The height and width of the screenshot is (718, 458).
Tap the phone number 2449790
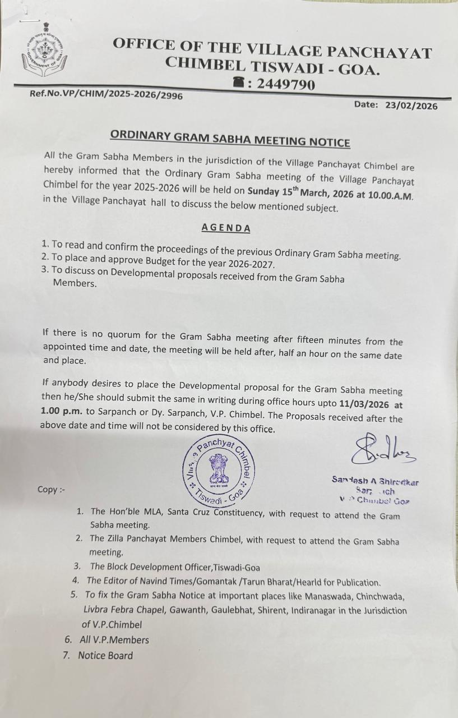(x=285, y=85)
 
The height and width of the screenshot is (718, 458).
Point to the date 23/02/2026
(x=411, y=105)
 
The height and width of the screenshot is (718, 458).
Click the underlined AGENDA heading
(x=226, y=228)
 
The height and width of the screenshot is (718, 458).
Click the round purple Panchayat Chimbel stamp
(x=220, y=469)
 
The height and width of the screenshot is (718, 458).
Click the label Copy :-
(x=51, y=489)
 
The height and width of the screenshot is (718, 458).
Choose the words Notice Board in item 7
(x=105, y=655)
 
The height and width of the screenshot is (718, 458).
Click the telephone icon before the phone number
(x=239, y=83)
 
